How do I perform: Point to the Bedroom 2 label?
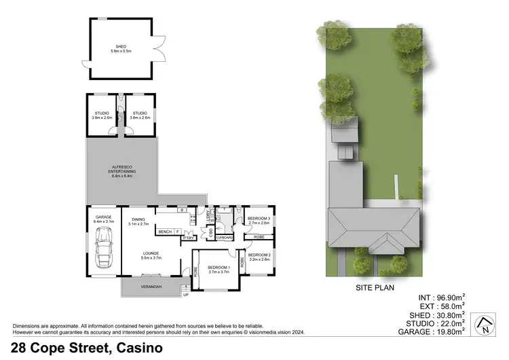coord(259,257)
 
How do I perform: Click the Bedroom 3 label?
coord(259,219)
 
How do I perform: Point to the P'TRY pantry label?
coord(188,238)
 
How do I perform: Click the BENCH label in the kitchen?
coord(165,232)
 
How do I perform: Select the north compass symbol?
coord(485,324)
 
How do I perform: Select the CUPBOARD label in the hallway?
coord(225,238)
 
